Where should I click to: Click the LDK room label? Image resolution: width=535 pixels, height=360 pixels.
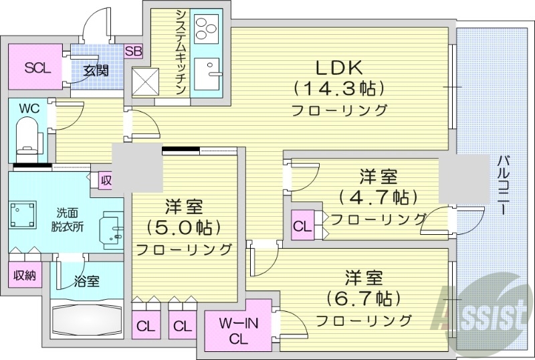tap(338, 68)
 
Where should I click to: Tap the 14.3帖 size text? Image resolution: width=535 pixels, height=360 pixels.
tap(338, 88)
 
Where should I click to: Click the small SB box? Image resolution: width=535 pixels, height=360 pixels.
tap(133, 52)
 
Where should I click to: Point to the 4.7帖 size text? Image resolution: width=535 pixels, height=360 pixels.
tap(379, 197)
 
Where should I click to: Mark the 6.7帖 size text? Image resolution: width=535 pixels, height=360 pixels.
tap(364, 296)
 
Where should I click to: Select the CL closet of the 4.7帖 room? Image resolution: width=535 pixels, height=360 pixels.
tap(302, 226)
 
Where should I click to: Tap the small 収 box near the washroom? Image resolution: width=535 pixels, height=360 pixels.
tap(106, 180)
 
